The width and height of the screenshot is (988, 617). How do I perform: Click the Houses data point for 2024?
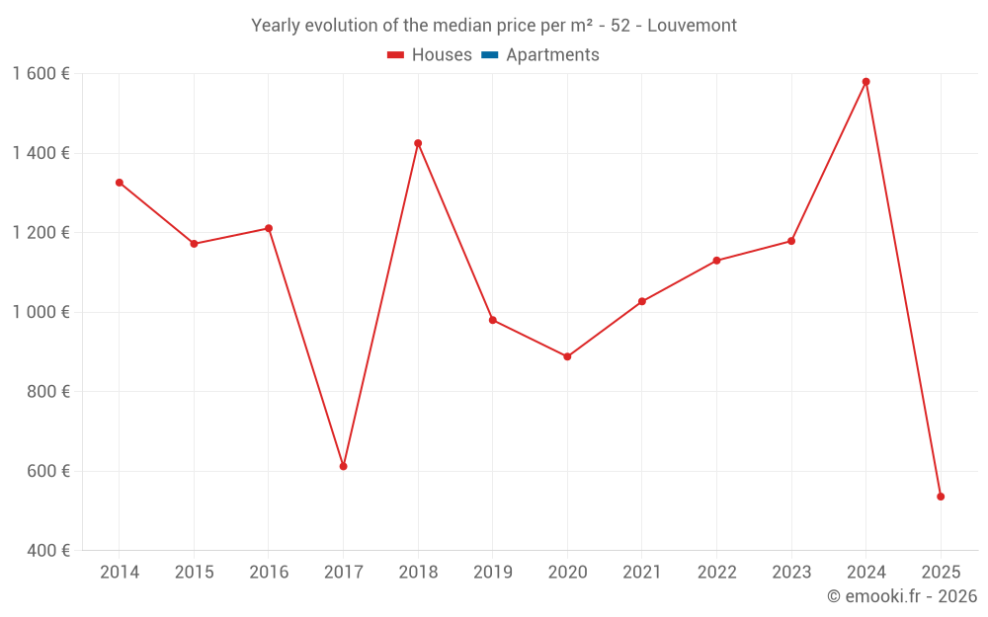[x=865, y=82]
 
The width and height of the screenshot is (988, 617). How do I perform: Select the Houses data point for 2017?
[x=343, y=466]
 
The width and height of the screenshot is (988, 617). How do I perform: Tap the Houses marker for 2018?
[x=418, y=143]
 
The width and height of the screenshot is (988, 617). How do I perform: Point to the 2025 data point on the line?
[x=941, y=497]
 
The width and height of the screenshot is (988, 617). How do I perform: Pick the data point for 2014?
[x=120, y=183]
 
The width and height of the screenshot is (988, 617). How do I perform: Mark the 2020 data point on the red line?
[x=567, y=356]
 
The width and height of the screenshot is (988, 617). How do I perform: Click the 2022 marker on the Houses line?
[x=716, y=261]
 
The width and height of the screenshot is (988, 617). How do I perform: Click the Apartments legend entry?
[x=552, y=55]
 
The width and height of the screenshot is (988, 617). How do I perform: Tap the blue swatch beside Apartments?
[x=489, y=55]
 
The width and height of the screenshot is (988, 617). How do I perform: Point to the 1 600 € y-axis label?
[x=41, y=73]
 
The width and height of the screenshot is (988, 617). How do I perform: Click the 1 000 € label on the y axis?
[x=41, y=312]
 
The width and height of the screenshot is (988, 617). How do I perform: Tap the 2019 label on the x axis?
[x=492, y=573]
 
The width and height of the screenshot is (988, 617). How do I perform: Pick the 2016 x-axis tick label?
[x=269, y=573]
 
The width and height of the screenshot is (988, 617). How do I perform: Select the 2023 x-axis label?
[x=791, y=573]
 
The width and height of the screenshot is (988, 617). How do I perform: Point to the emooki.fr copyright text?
[x=901, y=596]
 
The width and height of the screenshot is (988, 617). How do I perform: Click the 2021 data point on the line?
[x=641, y=301]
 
